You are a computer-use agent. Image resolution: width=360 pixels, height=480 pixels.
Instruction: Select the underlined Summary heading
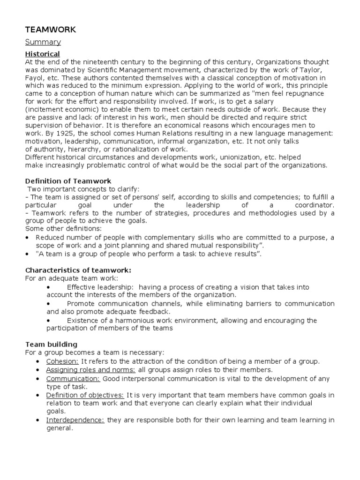click(x=43, y=42)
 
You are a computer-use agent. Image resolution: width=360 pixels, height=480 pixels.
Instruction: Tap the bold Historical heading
click(x=42, y=54)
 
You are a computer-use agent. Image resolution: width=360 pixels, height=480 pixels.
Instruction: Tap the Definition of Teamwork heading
click(x=68, y=181)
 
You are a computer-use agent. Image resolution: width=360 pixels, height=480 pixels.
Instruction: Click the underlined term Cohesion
click(x=62, y=361)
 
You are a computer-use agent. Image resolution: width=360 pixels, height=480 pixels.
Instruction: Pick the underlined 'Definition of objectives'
click(x=85, y=395)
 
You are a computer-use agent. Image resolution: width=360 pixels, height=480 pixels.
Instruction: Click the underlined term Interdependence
click(x=75, y=420)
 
